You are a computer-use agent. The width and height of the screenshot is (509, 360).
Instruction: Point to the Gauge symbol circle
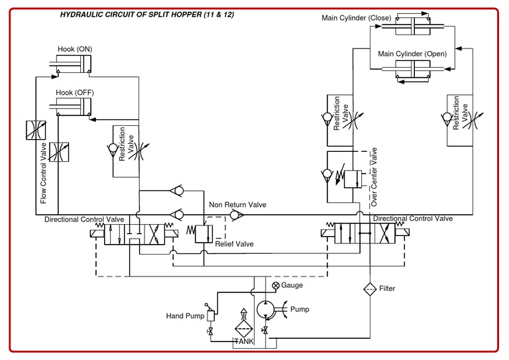tap(276, 285)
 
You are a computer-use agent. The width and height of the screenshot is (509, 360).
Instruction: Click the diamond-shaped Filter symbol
tap(368, 289)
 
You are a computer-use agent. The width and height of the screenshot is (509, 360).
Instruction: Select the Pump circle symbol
tap(266, 310)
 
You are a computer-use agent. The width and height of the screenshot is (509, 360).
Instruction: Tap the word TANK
tap(243, 341)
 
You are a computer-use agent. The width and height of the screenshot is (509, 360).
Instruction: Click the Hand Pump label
tap(185, 316)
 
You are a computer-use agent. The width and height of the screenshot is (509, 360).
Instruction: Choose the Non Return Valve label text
tap(237, 205)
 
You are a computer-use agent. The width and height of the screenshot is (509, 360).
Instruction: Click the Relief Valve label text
tap(234, 244)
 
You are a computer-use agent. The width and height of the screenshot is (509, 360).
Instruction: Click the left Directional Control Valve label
tap(84, 219)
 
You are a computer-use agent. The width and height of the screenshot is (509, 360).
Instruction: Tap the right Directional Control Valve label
tap(412, 218)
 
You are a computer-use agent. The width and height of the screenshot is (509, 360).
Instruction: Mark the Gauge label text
tap(292, 285)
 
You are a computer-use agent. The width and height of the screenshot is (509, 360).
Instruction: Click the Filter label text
tap(387, 289)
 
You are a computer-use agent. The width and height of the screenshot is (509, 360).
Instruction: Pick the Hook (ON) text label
tap(75, 49)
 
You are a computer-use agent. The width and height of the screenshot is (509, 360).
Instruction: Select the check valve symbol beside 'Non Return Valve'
tap(235, 215)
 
